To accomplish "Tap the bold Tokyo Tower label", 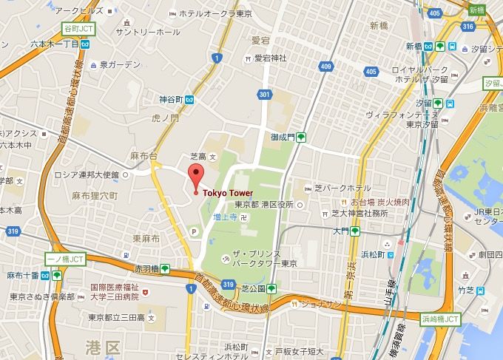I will (228, 193).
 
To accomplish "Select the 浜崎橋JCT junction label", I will (441, 319).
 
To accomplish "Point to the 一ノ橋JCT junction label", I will (66, 261).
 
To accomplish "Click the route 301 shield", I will (264, 93).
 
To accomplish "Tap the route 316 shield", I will (466, 27).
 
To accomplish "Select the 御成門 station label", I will (282, 137).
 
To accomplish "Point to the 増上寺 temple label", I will (226, 218).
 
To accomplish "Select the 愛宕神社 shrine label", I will (269, 58).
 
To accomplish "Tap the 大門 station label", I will (341, 231).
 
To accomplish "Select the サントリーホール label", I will (147, 33).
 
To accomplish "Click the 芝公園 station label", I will (251, 288).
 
